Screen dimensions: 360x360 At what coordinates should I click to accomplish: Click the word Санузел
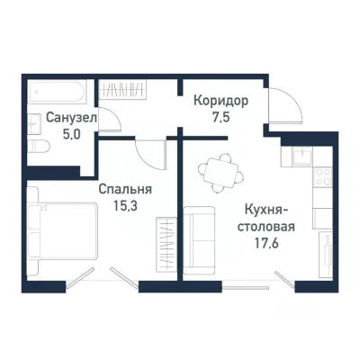[57, 118]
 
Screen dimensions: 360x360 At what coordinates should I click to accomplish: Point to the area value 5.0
[57, 133]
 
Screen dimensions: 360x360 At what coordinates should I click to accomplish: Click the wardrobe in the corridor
[135, 91]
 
